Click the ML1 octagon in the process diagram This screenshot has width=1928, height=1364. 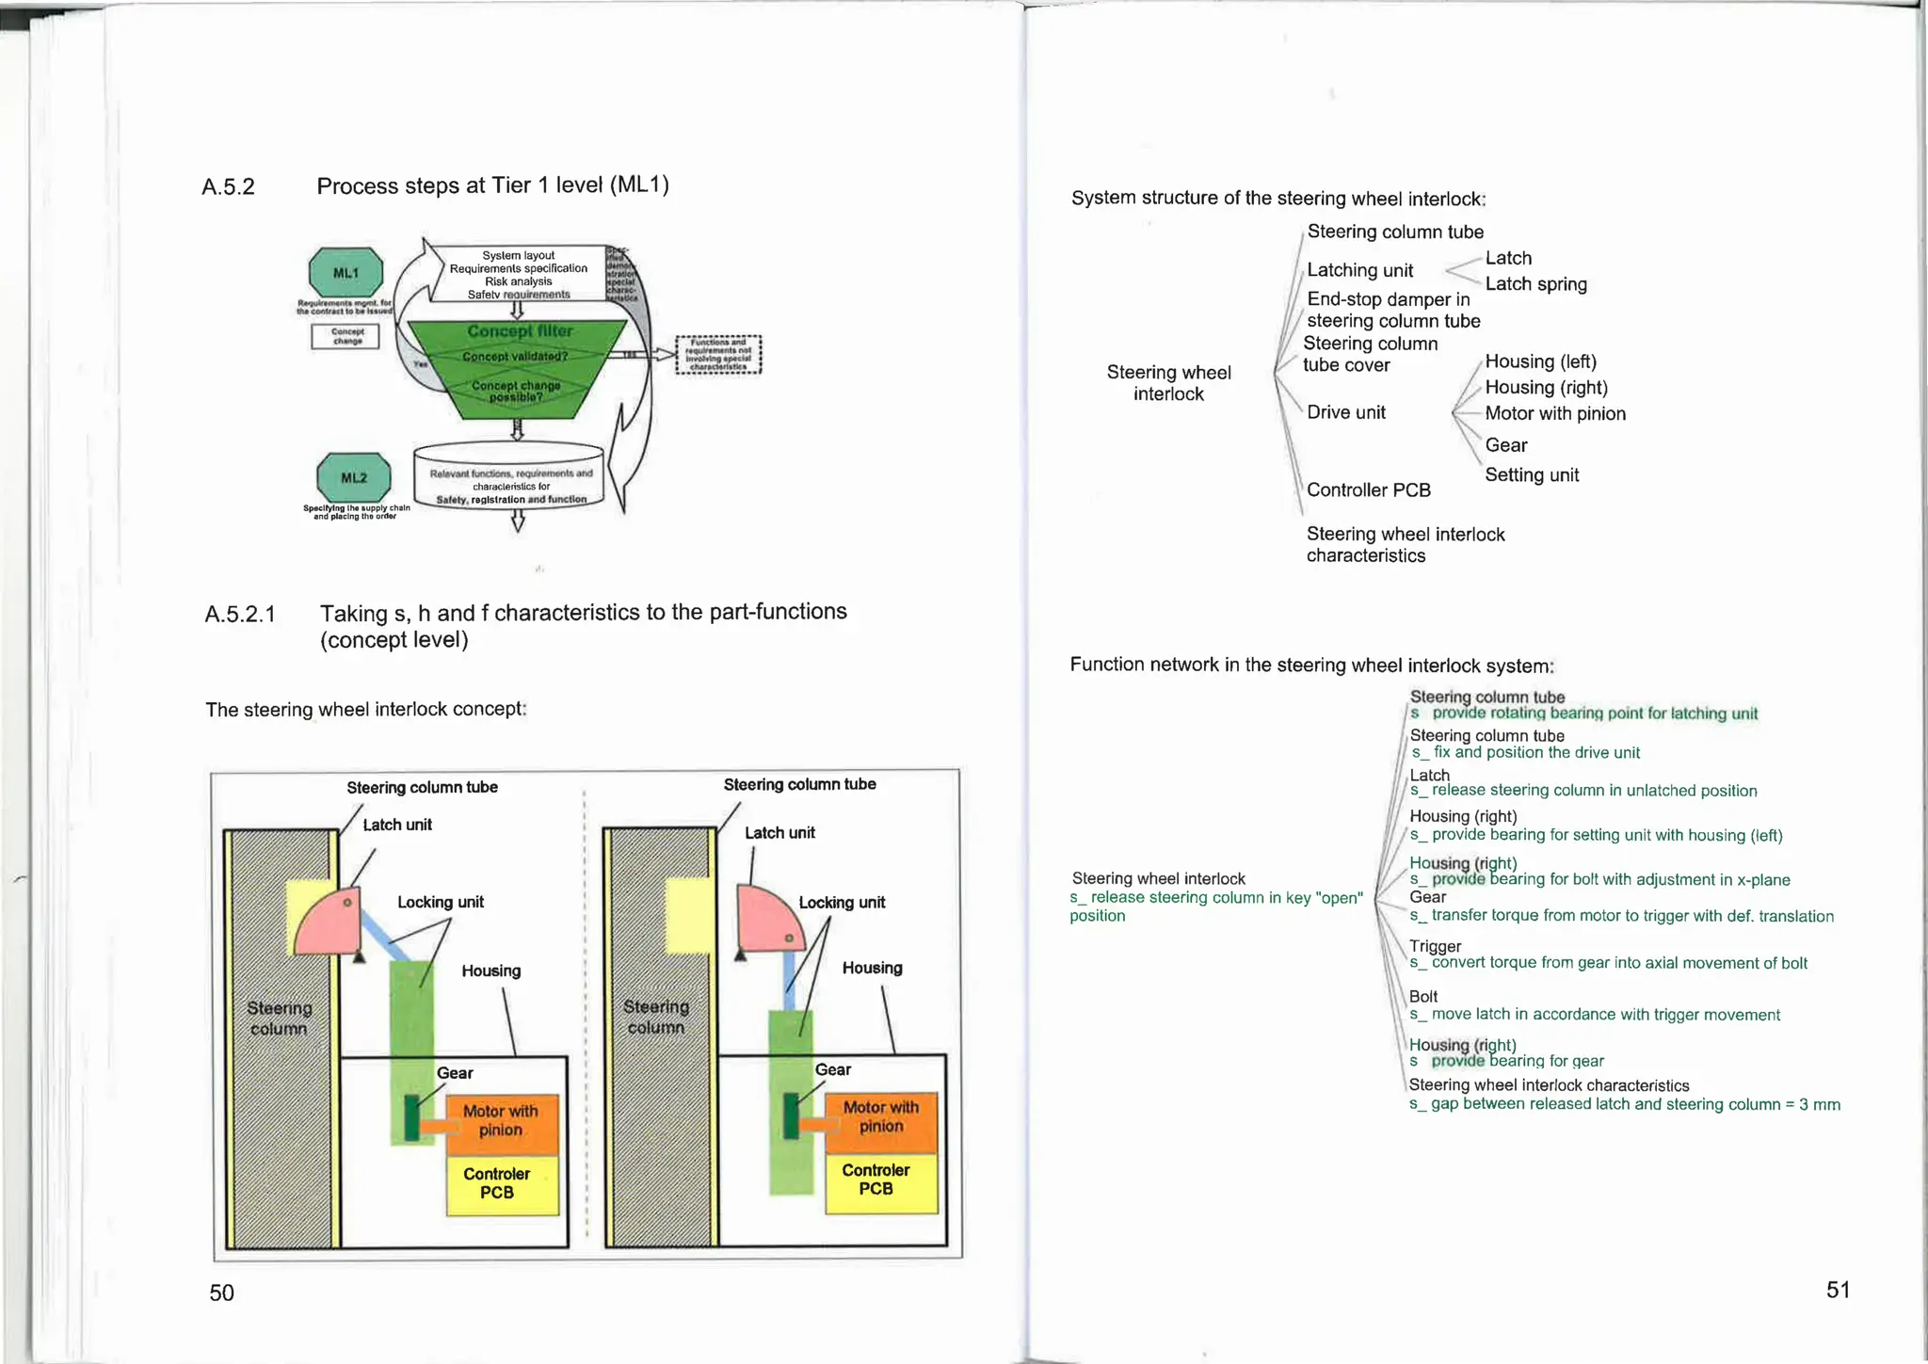click(345, 273)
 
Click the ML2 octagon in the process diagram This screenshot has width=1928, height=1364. click(353, 477)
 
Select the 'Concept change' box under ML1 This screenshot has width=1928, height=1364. click(345, 336)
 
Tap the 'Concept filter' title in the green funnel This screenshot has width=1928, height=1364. click(520, 331)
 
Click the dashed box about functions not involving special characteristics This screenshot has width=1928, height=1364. click(718, 355)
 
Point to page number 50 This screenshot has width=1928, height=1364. click(221, 1292)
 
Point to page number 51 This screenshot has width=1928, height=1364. click(1838, 1290)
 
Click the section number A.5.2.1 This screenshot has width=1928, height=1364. click(240, 615)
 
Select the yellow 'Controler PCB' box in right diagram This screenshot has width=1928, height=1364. click(876, 1180)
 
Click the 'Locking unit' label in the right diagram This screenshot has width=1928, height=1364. click(842, 903)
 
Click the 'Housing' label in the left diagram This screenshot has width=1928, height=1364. click(490, 971)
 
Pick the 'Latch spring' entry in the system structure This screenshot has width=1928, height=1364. click(1535, 284)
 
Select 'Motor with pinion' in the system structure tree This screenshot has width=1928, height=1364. click(1554, 413)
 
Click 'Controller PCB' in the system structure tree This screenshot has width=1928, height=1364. click(1368, 490)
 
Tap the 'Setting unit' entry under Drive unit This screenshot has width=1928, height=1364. click(1531, 475)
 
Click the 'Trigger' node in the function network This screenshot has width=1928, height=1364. click(1435, 946)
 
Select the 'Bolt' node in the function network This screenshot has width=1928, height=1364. click(1422, 996)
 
